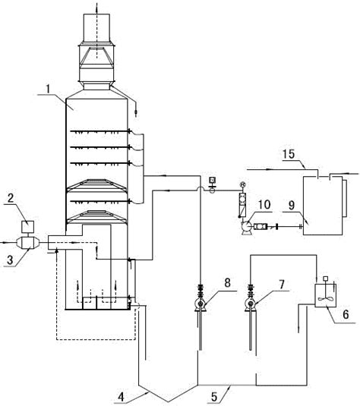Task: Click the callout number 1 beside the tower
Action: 48,89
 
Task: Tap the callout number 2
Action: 11,198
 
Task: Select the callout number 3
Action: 10,260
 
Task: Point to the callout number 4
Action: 121,397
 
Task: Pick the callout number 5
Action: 214,397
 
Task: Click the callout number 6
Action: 346,315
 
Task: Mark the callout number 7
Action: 282,284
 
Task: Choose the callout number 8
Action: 227,282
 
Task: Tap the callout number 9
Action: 292,206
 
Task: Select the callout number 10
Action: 264,205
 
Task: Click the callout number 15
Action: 289,154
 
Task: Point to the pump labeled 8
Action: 201,304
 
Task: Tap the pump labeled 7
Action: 251,304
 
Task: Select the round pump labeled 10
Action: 245,227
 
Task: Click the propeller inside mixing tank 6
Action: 326,298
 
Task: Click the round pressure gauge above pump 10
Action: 242,184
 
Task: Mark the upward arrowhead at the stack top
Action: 96,6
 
